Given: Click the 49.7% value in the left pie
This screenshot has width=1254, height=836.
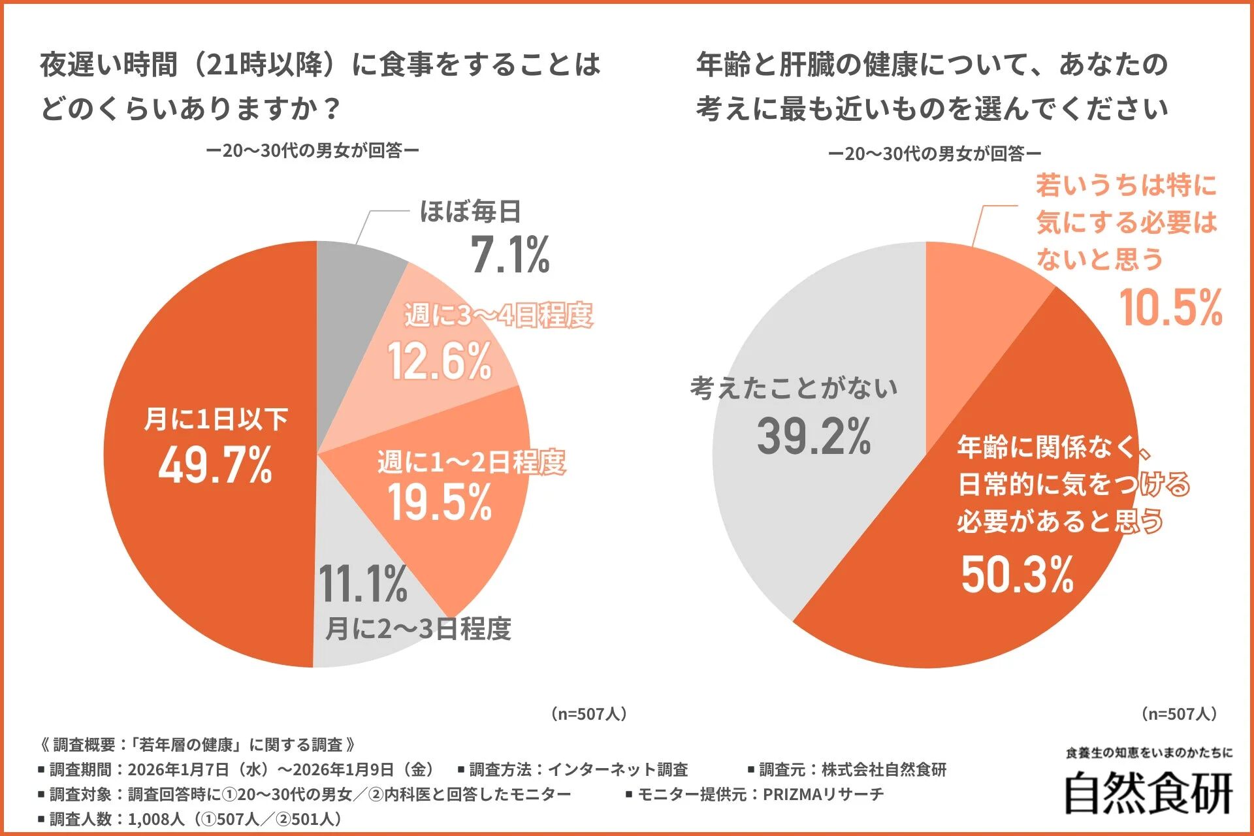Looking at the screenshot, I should pyautogui.click(x=215, y=465).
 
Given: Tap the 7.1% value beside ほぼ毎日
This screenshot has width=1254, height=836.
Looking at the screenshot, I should pyautogui.click(x=510, y=255).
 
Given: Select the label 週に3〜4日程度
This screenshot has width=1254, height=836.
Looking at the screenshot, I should pyautogui.click(x=498, y=315).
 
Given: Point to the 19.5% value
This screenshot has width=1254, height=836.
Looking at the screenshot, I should pyautogui.click(x=440, y=502).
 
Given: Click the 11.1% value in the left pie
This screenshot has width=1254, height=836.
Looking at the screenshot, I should pyautogui.click(x=362, y=584).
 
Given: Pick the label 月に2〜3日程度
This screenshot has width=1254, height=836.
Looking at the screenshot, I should pyautogui.click(x=418, y=628).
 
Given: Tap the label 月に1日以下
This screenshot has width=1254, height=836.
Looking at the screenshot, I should pyautogui.click(x=216, y=419).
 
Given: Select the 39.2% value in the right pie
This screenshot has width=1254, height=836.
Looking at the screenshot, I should pyautogui.click(x=814, y=436).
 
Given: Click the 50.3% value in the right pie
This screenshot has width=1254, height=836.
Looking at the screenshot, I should pyautogui.click(x=1017, y=575).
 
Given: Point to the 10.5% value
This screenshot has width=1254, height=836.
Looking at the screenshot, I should pyautogui.click(x=1170, y=308).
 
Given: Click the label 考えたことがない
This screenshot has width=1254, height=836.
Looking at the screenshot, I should pyautogui.click(x=794, y=388).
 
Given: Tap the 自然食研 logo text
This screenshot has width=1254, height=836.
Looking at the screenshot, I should pyautogui.click(x=1148, y=794).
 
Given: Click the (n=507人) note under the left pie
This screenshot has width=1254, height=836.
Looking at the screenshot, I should pyautogui.click(x=589, y=714).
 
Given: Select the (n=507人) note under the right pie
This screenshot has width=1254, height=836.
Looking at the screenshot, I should pyautogui.click(x=1180, y=714).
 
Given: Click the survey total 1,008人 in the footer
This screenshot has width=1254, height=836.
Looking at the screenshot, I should pyautogui.click(x=156, y=819).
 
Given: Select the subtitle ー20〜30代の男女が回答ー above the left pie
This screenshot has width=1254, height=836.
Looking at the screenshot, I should pyautogui.click(x=312, y=151).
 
